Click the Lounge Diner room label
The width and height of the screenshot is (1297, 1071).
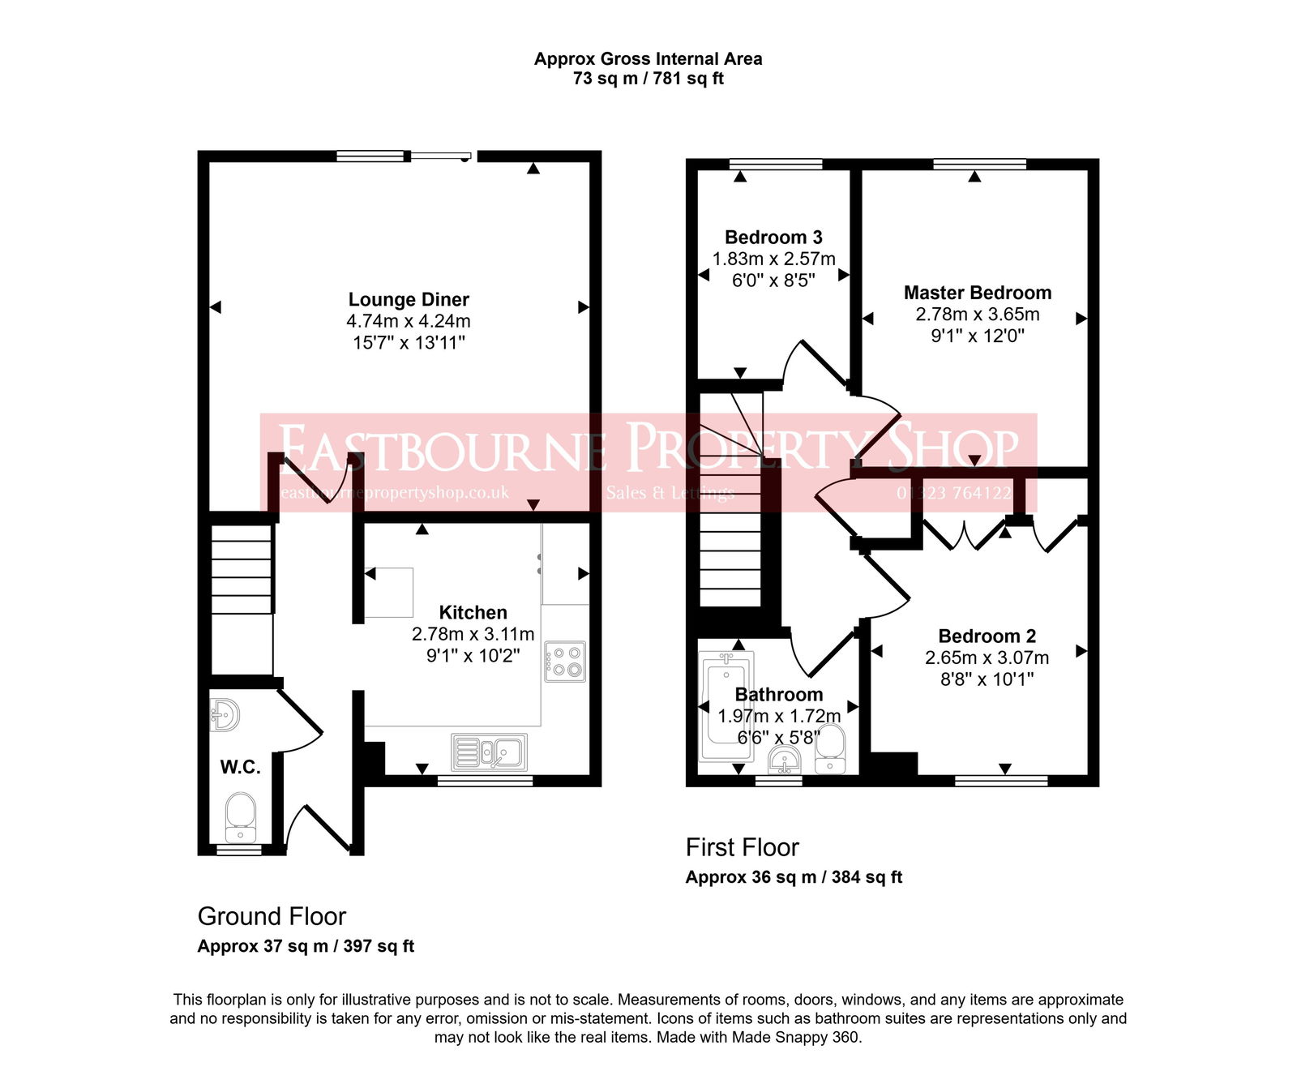[409, 300]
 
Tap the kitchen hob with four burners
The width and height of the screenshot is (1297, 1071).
[565, 661]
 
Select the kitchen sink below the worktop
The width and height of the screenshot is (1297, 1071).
[489, 752]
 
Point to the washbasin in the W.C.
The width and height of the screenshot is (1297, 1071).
[224, 714]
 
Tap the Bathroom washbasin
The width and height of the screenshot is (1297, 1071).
[784, 760]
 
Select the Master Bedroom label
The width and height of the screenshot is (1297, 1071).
[978, 293]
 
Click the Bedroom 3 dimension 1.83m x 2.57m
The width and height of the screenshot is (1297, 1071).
[773, 259]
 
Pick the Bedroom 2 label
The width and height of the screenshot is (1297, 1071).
[987, 636]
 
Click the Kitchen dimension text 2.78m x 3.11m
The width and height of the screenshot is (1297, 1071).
[473, 634]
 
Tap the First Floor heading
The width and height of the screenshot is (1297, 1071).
[742, 847]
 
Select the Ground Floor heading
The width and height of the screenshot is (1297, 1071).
[272, 916]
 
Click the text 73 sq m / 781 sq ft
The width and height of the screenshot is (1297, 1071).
[648, 79]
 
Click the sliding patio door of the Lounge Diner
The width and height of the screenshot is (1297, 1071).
[440, 156]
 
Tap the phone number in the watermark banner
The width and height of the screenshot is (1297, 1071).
[953, 493]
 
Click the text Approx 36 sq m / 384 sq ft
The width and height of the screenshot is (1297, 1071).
[794, 877]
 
